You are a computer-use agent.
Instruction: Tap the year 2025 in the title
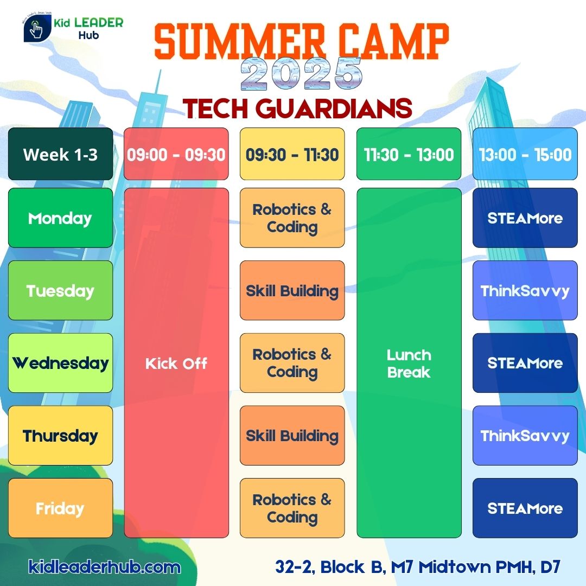pos(301,74)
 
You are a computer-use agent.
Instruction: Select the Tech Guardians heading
pos(297,109)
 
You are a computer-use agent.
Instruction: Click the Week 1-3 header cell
pos(61,154)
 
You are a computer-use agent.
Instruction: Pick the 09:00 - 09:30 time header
pos(176,154)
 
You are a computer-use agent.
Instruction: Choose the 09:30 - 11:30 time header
pos(292,154)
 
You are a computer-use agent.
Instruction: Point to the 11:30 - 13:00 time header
pos(409,154)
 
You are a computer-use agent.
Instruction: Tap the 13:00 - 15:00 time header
pos(525,154)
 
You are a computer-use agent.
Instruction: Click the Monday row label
pos(61,218)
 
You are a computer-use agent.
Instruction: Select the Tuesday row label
pos(61,290)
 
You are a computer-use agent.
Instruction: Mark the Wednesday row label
pos(61,363)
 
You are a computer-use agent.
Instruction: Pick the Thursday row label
pos(61,435)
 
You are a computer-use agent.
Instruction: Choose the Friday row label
pos(61,508)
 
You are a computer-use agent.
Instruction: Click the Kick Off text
pos(176,363)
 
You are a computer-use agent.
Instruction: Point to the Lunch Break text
pos(409,363)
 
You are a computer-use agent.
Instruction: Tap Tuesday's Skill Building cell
pos(292,290)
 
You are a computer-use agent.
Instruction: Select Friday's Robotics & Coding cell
pos(292,508)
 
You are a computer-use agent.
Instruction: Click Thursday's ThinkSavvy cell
pos(525,435)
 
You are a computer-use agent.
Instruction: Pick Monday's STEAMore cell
pos(525,218)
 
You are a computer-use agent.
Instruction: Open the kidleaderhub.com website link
pos(104,567)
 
